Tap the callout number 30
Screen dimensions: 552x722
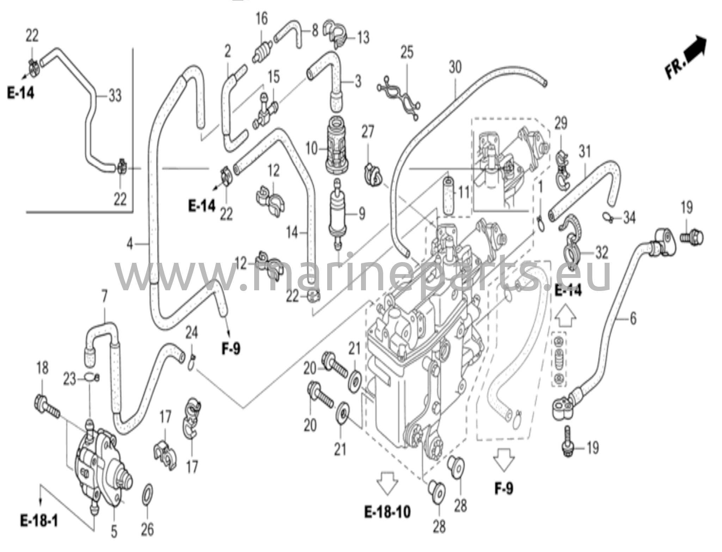[455, 67]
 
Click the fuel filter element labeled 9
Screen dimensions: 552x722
[338, 213]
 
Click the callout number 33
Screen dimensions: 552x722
[115, 95]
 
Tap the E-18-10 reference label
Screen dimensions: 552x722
[387, 511]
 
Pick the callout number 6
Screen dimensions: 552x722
[633, 318]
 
